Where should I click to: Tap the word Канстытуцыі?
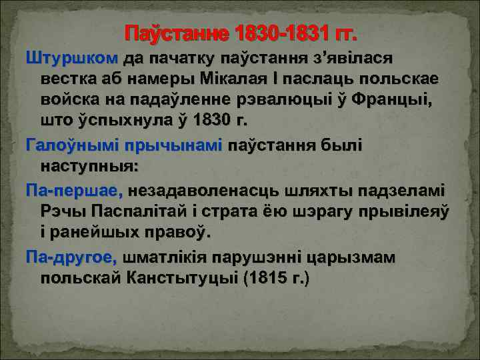(174, 277)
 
